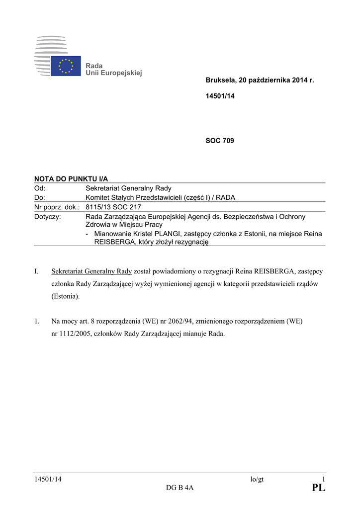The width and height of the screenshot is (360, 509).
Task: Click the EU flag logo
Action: pos(66,66)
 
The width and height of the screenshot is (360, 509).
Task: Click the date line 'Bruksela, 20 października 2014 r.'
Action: pos(260,80)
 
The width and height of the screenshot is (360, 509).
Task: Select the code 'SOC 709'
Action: pos(220,141)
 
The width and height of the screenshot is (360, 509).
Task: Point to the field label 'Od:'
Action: pos(40,188)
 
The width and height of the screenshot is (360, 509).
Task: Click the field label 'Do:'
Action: pos(39,198)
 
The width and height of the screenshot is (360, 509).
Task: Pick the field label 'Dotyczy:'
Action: pos(47,217)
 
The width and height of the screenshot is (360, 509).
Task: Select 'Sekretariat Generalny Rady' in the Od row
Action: pos(128,188)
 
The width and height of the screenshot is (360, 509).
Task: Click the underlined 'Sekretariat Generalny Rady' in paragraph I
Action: pos(91,271)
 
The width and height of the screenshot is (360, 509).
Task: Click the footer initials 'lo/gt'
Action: pos(257,479)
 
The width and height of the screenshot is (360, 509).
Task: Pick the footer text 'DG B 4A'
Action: pos(180,489)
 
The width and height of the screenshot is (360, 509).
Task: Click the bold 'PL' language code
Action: pos(318,489)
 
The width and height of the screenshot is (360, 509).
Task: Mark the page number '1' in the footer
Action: pos(323,479)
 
